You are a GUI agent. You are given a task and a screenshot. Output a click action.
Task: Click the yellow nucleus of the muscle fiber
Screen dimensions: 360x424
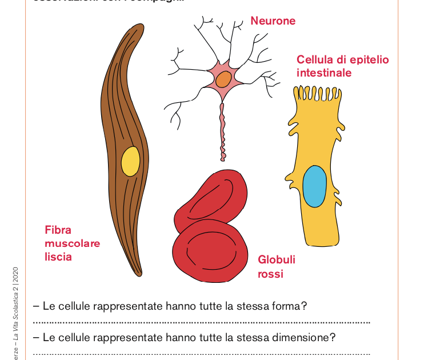pos(130,161)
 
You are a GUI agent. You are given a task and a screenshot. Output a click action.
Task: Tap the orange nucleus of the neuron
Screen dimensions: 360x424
pos(223,79)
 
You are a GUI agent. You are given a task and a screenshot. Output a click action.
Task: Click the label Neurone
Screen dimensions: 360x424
pos(273,21)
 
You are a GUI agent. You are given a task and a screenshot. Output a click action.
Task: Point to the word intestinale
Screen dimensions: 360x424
pos(323,73)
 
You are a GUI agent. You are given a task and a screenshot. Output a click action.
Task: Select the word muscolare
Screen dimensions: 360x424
pos(72,243)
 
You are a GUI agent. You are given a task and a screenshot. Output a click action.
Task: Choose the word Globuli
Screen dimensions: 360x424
pos(277,260)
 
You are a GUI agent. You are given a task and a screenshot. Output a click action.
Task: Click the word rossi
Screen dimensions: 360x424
pos(270,274)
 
